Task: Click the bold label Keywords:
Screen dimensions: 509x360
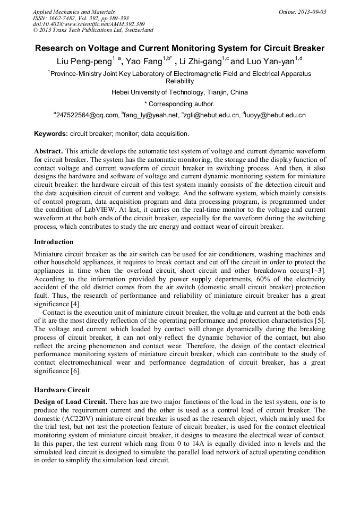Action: point(51,134)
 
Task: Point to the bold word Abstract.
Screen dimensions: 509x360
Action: point(48,151)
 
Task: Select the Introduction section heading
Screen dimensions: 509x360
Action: point(54,241)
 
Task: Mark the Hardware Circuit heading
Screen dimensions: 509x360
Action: point(62,390)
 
